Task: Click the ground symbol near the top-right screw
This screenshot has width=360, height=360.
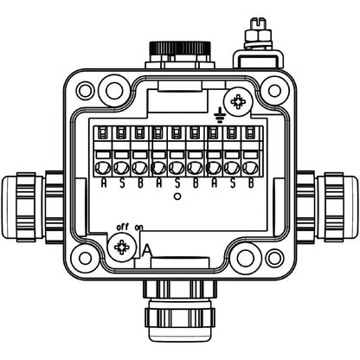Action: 220,110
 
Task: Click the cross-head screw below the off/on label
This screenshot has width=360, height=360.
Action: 122,249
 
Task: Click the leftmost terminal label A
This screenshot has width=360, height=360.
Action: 103,183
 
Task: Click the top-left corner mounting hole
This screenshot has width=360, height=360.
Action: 84,89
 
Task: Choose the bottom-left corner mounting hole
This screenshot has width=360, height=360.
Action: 84,258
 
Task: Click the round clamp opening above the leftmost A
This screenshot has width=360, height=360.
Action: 103,166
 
